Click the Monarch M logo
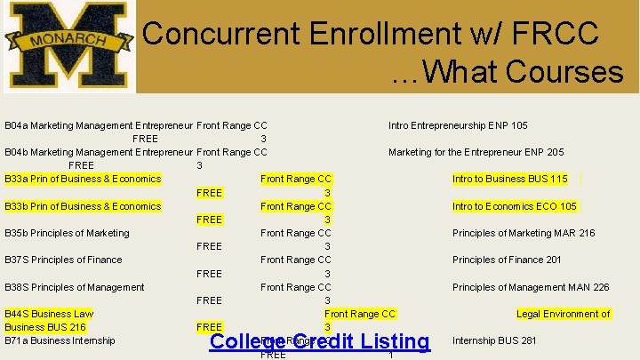tap(69, 45)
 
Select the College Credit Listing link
tap(319, 341)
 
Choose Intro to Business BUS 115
tap(509, 179)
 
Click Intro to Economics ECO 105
tap(514, 206)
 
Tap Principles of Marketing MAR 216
tap(524, 233)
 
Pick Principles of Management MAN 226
tap(531, 287)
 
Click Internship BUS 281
tap(494, 340)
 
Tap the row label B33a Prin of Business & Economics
tap(83, 179)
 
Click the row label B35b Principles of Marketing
tap(67, 233)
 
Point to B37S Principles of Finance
tap(63, 260)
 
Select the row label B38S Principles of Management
tap(74, 287)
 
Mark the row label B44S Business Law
tap(49, 314)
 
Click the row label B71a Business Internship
tap(60, 340)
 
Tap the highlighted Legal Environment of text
tap(564, 314)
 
